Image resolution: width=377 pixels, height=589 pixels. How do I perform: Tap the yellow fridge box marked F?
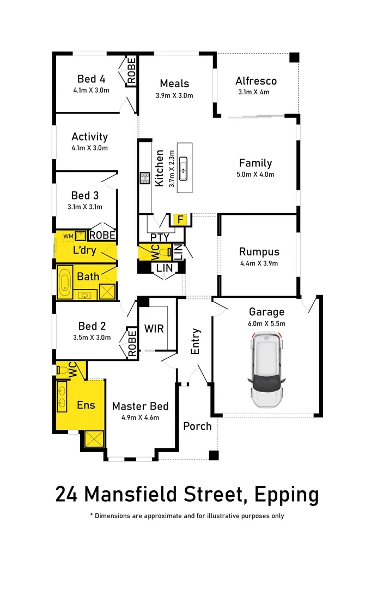click(x=180, y=220)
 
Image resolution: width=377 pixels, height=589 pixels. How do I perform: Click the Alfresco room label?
click(x=256, y=81)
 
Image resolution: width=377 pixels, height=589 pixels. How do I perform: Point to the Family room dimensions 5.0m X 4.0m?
click(x=256, y=175)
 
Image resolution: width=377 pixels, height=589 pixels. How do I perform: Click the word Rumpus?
click(x=259, y=252)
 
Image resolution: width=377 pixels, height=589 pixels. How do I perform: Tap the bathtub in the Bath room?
click(x=65, y=282)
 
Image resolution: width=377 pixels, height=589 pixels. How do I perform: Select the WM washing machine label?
click(x=68, y=236)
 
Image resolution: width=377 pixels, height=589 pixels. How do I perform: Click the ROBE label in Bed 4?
click(x=131, y=71)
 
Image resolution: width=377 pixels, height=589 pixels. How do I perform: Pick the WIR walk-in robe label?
click(x=154, y=329)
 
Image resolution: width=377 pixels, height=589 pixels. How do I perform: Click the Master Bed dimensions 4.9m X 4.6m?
click(x=140, y=418)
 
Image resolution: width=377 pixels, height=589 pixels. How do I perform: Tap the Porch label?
click(x=197, y=426)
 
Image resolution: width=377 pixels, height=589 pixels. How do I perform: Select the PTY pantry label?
click(x=160, y=237)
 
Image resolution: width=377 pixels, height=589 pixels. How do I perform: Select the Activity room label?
click(x=90, y=137)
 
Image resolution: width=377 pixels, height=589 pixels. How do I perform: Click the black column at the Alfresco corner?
click(x=294, y=57)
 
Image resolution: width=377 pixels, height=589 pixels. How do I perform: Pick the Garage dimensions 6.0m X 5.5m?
click(x=267, y=323)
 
